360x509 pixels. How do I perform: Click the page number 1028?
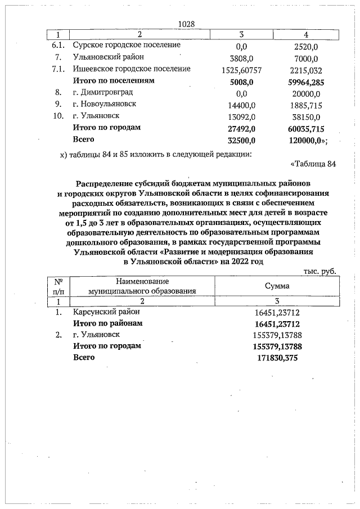click(186, 24)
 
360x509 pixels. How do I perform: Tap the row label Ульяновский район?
click(108, 57)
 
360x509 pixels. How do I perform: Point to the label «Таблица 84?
click(313, 164)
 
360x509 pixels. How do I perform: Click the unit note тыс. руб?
click(320, 271)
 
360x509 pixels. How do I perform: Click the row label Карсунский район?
click(106, 312)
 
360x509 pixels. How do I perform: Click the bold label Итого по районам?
click(108, 323)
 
